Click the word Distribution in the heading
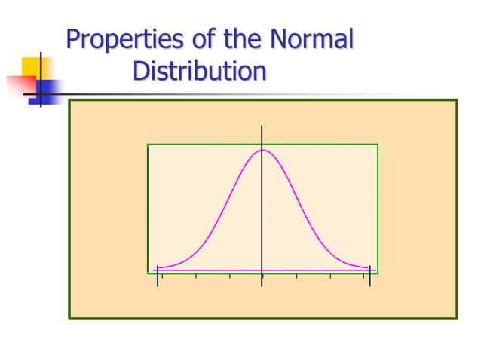coord(199,72)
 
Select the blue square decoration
coord(47,92)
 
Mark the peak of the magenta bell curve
coord(262,150)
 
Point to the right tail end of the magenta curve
coord(369,267)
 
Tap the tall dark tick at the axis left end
coord(157,277)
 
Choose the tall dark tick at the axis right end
coord(369,277)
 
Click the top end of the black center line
coord(262,126)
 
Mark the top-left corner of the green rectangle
coord(148,144)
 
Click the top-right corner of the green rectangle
coord(378,144)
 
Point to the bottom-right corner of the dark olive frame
coord(457,318)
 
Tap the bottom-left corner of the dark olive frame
coord(69,318)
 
